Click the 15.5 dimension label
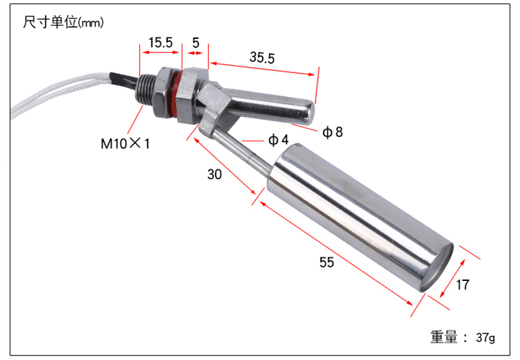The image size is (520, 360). coord(161,43)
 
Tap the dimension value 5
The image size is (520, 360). coord(195,43)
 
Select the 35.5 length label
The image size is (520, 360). coord(262,57)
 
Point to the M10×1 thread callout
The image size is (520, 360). coord(125,143)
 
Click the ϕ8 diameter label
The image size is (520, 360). coord(332,132)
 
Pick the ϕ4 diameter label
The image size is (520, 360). coord(278,140)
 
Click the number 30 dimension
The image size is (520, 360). coord(214,174)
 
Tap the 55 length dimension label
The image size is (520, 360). coord(326,262)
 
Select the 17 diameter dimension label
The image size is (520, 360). coord(462,285)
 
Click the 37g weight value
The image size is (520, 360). coord(486,338)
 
